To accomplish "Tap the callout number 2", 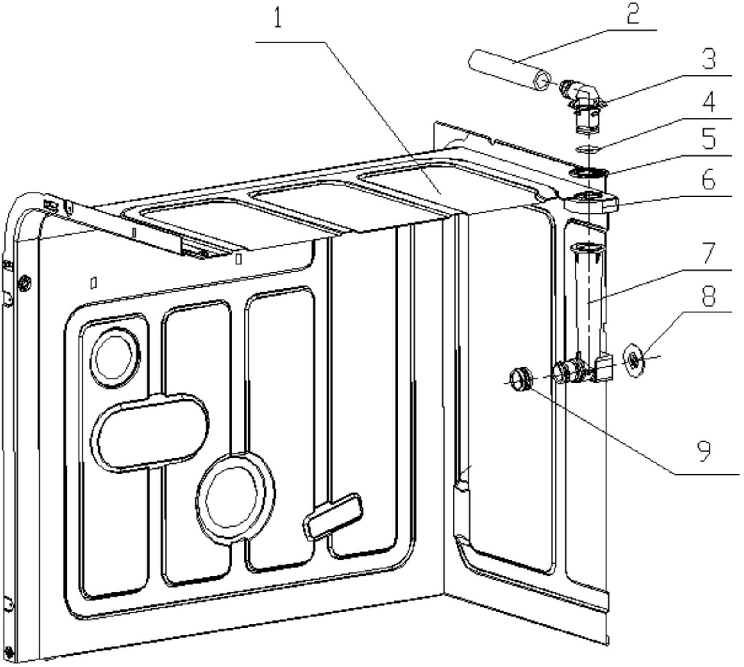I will point(633,14).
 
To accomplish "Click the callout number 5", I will point(709,138).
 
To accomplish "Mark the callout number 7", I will point(709,253).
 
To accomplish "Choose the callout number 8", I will point(709,296).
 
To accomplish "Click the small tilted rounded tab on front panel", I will point(333,515).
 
